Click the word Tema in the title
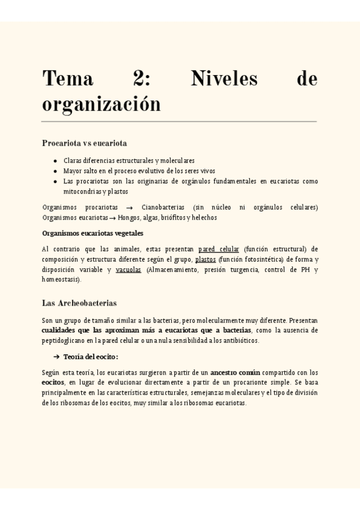[67, 79]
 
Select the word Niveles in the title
[224, 79]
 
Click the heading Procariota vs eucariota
[84, 143]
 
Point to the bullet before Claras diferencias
[55, 161]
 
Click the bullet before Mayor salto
[55, 171]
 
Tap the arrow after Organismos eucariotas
[112, 218]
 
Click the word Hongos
[129, 218]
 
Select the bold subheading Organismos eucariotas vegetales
[93, 233]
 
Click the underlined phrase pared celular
[219, 249]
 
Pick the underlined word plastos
[206, 259]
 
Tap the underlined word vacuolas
[129, 269]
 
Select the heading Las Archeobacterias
[79, 303]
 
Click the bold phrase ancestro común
[235, 372]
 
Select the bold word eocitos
[53, 382]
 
